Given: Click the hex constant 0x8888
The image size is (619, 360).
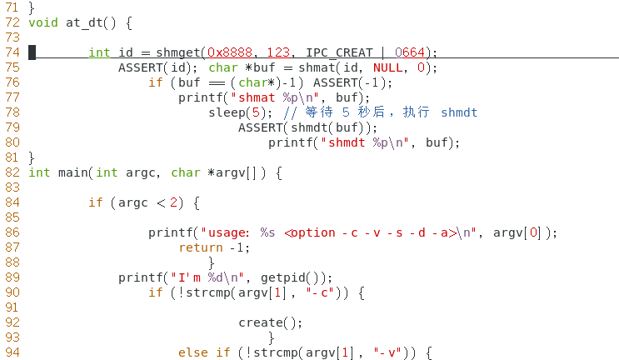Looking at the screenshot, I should pyautogui.click(x=229, y=52).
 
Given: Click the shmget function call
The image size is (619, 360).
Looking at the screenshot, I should pyautogui.click(x=177, y=52).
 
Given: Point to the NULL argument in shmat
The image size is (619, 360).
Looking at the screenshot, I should pyautogui.click(x=387, y=67).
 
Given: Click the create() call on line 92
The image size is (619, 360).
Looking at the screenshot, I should pyautogui.click(x=270, y=322).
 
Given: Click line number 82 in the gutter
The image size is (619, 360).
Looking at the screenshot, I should pyautogui.click(x=11, y=172).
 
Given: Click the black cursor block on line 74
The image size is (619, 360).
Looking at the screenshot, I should pyautogui.click(x=32, y=52).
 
